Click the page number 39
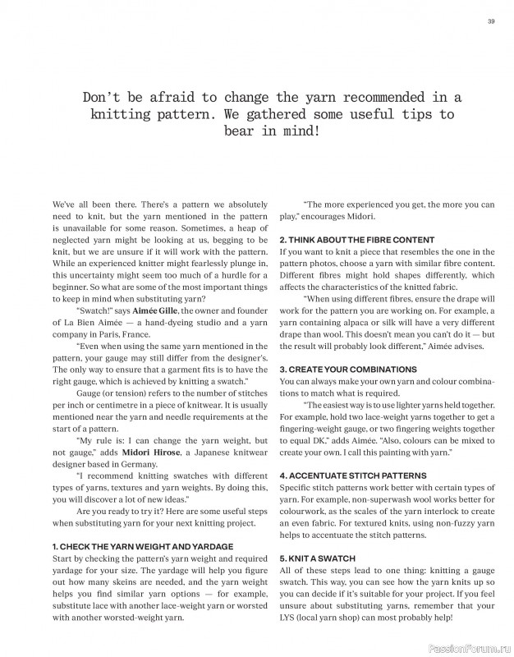(x=490, y=21)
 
